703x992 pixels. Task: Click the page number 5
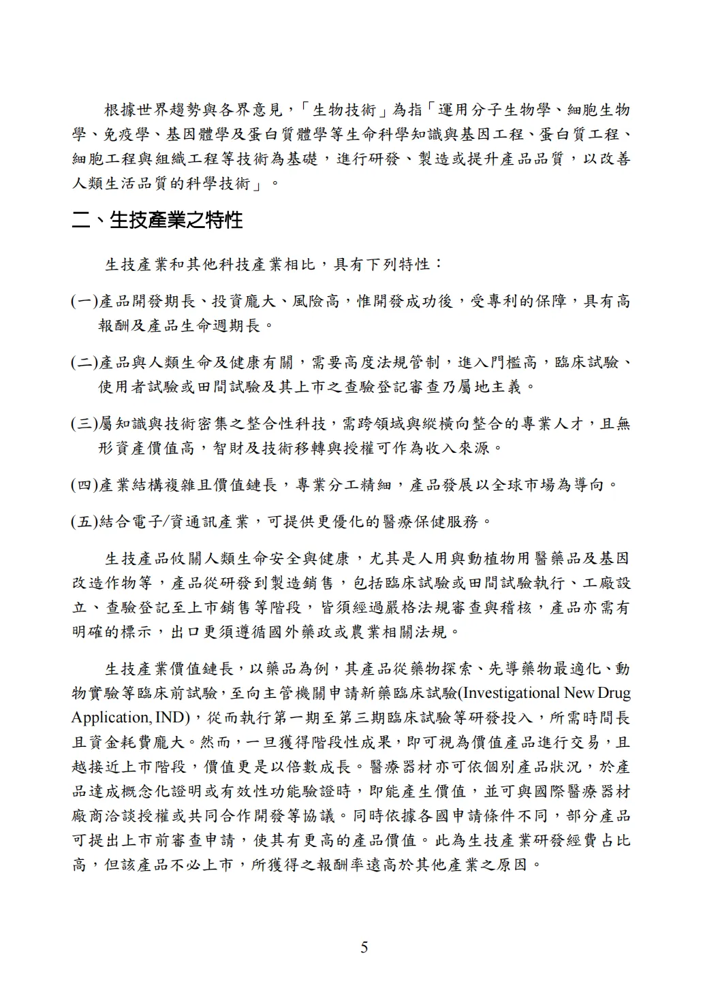pyautogui.click(x=364, y=946)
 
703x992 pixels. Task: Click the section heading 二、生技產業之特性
pyautogui.click(x=157, y=220)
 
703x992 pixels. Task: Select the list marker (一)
pyautogui.click(x=85, y=301)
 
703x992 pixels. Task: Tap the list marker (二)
pyautogui.click(x=85, y=362)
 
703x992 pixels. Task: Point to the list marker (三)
pyautogui.click(x=85, y=423)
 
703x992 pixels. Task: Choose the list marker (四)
pyautogui.click(x=85, y=485)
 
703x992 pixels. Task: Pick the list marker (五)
pyautogui.click(x=85, y=522)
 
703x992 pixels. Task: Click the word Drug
pyautogui.click(x=614, y=693)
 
